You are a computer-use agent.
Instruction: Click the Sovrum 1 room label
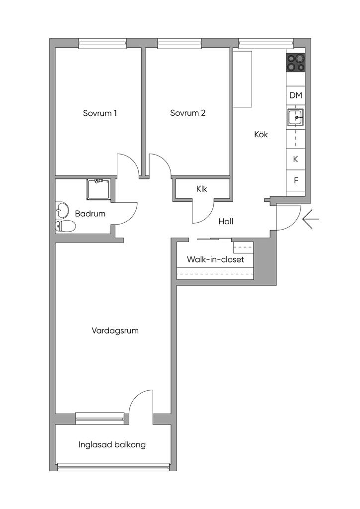tap(99, 113)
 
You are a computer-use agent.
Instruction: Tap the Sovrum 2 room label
tap(187, 113)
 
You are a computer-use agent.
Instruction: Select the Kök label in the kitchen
tap(261, 134)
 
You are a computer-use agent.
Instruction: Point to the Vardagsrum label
tap(115, 331)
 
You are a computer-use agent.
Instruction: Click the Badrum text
tap(90, 214)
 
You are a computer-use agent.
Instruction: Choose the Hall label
tap(226, 221)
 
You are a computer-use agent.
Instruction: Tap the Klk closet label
tap(201, 188)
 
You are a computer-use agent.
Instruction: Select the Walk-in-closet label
tap(215, 259)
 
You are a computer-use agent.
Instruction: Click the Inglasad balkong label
tap(112, 445)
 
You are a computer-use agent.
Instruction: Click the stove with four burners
tap(296, 63)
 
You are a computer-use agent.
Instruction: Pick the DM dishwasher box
tap(296, 95)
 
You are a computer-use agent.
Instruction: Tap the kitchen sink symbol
tap(296, 117)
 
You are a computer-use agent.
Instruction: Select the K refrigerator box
tap(296, 159)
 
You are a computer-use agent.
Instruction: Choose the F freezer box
tap(296, 180)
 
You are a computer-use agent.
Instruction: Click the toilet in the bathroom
tap(65, 226)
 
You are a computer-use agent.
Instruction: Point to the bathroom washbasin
tap(62, 210)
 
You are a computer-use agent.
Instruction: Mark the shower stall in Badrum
tap(99, 189)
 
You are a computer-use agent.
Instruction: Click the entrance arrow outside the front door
tap(311, 219)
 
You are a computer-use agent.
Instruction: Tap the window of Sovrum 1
tap(102, 44)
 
